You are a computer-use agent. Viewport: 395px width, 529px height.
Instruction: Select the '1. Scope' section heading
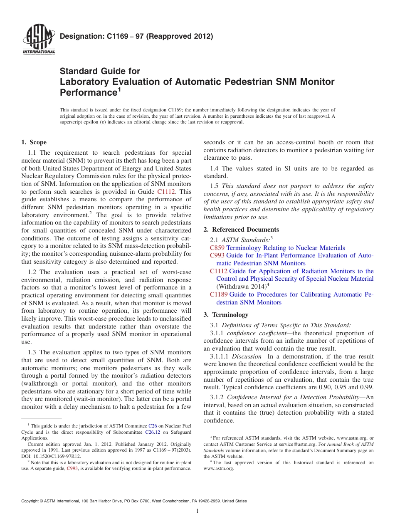(x=34, y=142)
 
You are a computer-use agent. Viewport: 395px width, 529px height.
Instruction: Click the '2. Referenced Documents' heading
(x=241, y=230)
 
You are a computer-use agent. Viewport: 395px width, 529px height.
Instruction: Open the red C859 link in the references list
(x=217, y=248)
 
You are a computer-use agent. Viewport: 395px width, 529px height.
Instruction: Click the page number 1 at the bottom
(x=197, y=511)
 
